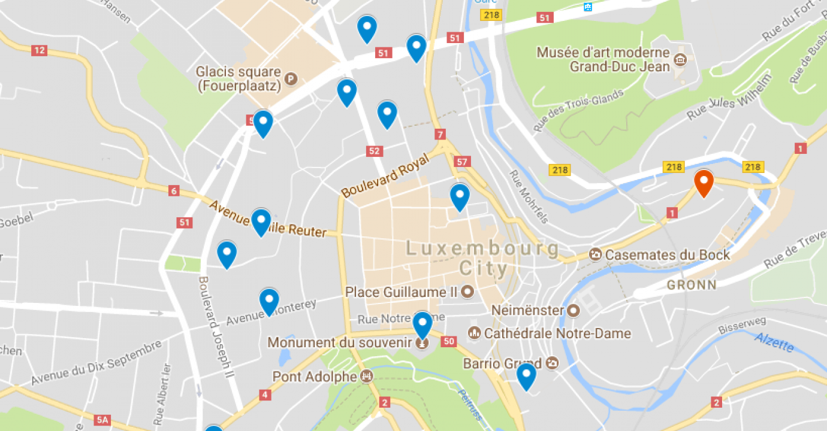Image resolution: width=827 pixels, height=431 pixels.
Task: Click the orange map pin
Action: coord(703,183)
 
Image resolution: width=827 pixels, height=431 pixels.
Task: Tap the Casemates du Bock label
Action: coord(667,255)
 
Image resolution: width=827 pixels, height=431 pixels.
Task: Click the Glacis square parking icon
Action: coord(291,78)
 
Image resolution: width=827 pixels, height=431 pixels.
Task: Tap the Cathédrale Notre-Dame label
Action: coord(557,333)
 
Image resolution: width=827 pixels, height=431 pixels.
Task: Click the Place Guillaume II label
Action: coord(402,292)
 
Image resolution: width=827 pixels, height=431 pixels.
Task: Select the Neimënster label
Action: coord(527,310)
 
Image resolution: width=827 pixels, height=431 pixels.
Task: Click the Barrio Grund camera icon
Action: coord(552,363)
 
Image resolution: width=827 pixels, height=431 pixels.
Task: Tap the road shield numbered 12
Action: coord(39,51)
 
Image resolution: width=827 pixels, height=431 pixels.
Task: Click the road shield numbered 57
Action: coord(462,162)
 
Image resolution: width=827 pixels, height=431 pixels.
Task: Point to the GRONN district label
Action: coord(692,285)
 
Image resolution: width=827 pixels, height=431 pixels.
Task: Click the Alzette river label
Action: coord(774,342)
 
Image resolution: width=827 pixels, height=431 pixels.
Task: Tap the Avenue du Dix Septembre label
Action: coord(96,363)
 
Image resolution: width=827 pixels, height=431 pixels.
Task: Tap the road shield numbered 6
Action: coord(174,191)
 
